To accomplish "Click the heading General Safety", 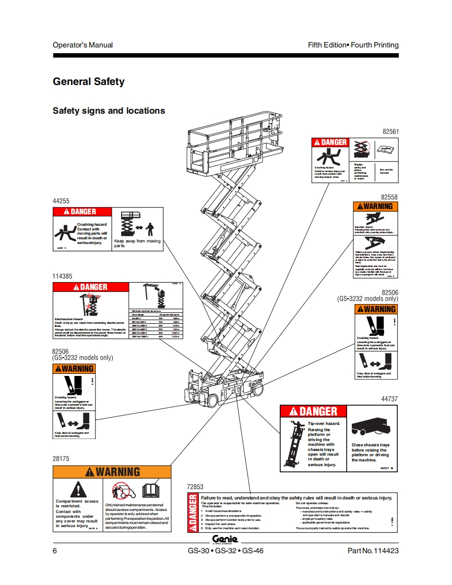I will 89,81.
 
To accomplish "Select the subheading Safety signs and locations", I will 109,111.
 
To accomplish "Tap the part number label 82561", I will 390,132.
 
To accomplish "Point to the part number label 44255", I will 61,201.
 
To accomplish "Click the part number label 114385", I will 63,276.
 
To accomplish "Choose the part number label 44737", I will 390,399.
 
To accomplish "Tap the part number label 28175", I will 61,459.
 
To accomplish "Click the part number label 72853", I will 195,486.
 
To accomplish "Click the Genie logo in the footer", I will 225,539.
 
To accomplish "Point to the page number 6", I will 55,551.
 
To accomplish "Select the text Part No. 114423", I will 373,551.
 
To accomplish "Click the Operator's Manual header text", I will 82,45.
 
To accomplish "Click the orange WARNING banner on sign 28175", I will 112,472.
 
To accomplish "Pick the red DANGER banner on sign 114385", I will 90,287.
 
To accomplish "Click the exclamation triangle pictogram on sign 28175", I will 77,489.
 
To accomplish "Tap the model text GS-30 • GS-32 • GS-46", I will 225,551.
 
